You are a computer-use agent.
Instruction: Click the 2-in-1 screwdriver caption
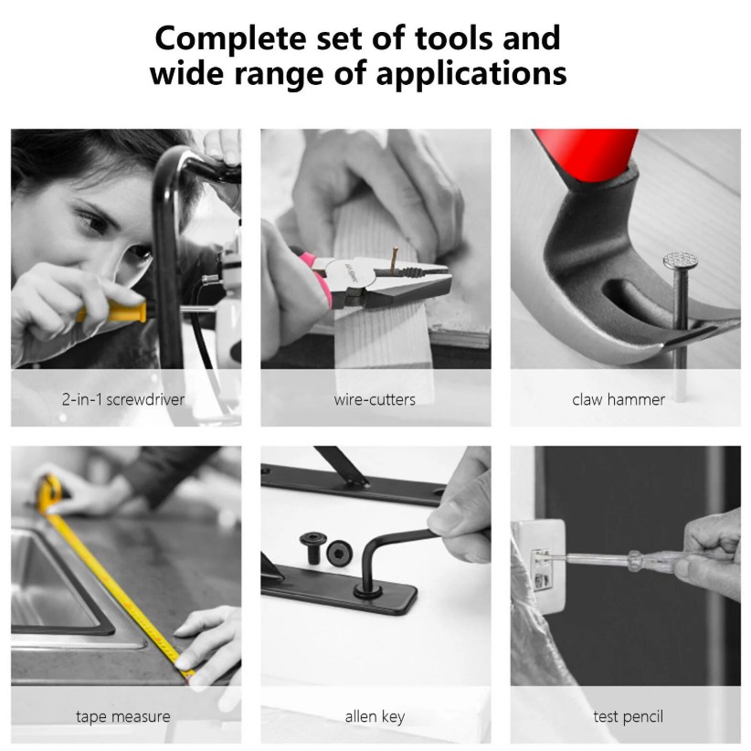coord(123,399)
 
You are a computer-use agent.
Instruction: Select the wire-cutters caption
coord(375,399)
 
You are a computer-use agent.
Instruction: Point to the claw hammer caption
coord(619,399)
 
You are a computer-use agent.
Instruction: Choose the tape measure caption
coord(123,716)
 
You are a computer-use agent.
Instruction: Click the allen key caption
coord(375,716)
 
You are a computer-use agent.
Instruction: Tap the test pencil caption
coord(628,716)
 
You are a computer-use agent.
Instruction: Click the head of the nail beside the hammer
coord(680,260)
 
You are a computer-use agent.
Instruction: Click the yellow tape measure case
coord(49,492)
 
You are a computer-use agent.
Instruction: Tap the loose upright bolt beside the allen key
coord(313,547)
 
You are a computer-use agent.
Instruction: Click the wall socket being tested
coord(539,566)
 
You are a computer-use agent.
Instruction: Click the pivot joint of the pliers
coord(354,276)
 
